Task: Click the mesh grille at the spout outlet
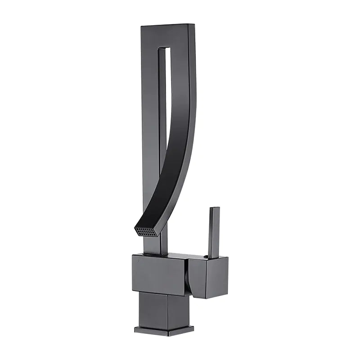pos(147,231)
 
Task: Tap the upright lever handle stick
pos(214,232)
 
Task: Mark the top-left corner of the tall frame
pos(141,26)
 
